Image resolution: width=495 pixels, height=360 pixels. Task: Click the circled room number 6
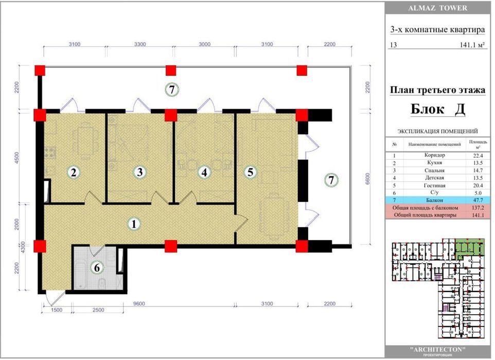tap(97, 268)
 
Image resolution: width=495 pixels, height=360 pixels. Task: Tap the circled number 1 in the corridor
tap(134, 224)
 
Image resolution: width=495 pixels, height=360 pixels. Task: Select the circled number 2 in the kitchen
tap(74, 173)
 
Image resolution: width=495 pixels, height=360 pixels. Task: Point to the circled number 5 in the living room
tap(251, 172)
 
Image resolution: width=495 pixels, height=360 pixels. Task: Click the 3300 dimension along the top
tap(140, 44)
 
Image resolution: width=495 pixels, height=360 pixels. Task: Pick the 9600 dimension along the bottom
tap(138, 304)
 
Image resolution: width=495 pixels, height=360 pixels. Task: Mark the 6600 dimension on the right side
tap(367, 179)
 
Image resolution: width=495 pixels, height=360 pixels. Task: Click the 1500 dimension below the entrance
tap(57, 310)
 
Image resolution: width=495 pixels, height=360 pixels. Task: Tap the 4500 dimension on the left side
tap(17, 158)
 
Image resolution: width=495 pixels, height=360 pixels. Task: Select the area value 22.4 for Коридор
tap(478, 156)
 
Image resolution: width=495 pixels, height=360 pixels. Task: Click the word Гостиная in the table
tap(434, 185)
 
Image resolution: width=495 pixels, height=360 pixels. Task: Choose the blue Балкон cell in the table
tap(434, 200)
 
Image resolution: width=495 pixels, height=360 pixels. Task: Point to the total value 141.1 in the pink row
tap(478, 215)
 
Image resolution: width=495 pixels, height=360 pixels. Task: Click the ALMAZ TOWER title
tap(437, 8)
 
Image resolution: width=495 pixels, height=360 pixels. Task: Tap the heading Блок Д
tap(437, 109)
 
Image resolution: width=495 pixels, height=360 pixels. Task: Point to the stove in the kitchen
tap(49, 153)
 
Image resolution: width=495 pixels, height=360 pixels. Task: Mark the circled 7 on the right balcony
tap(331, 180)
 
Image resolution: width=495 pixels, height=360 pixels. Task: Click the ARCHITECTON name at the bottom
tap(437, 350)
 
